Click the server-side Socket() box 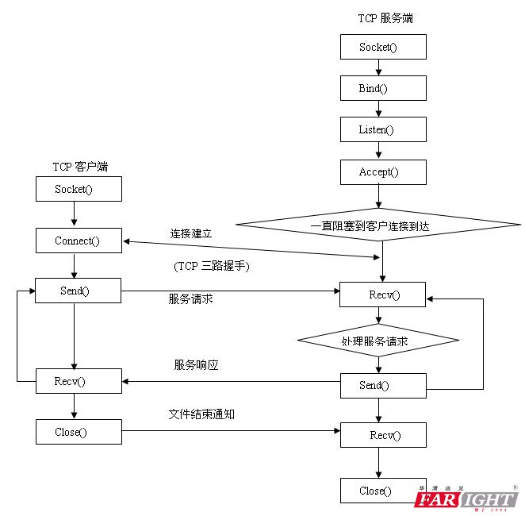tap(383, 47)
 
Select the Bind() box tap(383, 87)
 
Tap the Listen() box tap(383, 129)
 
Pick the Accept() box tap(383, 171)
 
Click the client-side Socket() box tap(79, 189)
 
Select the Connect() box tap(79, 241)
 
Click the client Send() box tap(79, 291)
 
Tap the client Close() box tap(79, 432)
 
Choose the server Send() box tap(383, 386)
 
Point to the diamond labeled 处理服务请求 tap(378, 340)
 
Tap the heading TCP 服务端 tap(385, 17)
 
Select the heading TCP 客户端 tap(80, 166)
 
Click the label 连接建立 tap(191, 234)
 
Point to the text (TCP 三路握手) tap(211, 267)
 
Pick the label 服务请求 tap(190, 298)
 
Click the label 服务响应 tap(196, 365)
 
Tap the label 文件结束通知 tap(201, 414)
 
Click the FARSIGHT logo tap(466, 499)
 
